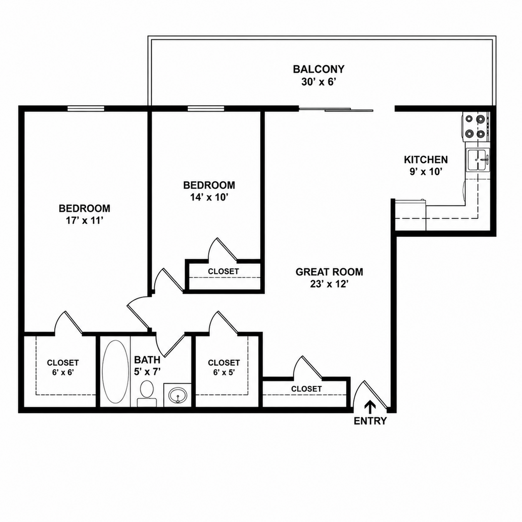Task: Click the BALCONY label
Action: [x=318, y=70]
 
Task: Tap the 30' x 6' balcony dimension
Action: [x=318, y=82]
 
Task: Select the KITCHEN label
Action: [x=426, y=159]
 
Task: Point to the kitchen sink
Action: [x=478, y=160]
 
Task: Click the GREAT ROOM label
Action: [x=329, y=272]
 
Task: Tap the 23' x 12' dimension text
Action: [x=329, y=284]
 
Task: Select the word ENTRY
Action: [x=370, y=421]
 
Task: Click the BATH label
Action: [x=147, y=360]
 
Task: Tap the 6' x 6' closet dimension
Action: [x=63, y=373]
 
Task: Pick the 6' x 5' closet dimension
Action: [x=224, y=373]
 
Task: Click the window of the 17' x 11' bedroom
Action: [x=86, y=108]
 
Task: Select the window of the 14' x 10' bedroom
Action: [x=206, y=108]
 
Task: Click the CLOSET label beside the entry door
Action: [x=306, y=389]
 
